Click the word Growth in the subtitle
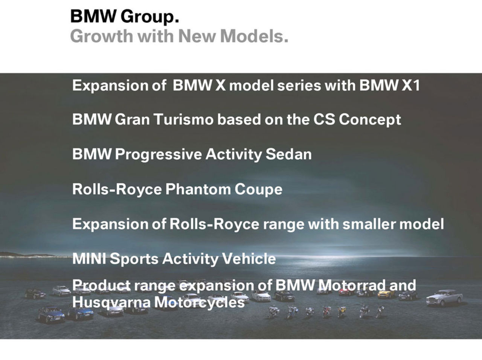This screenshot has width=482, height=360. pyautogui.click(x=102, y=37)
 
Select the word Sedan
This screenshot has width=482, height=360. pyautogui.click(x=288, y=154)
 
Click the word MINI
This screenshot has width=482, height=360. pyautogui.click(x=89, y=259)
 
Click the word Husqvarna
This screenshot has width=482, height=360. pyautogui.click(x=111, y=302)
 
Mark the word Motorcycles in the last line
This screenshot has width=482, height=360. pyautogui.click(x=200, y=302)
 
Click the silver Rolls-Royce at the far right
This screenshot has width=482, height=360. pyautogui.click(x=445, y=297)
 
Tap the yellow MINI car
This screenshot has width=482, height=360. pyautogui.click(x=386, y=293)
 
